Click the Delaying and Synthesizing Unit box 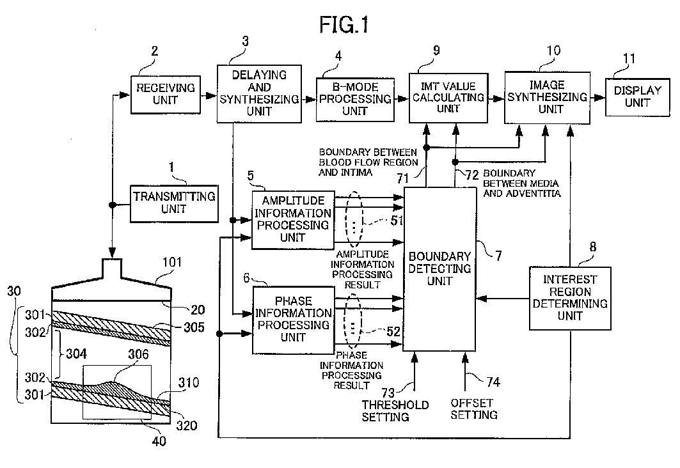click(x=259, y=93)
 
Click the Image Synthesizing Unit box click(x=546, y=97)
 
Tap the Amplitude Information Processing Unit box click(x=293, y=219)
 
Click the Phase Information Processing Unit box click(x=293, y=320)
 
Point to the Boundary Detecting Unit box click(x=439, y=269)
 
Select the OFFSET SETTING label click(x=473, y=409)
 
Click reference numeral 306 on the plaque click(x=122, y=361)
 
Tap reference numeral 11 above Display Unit click(x=629, y=59)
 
